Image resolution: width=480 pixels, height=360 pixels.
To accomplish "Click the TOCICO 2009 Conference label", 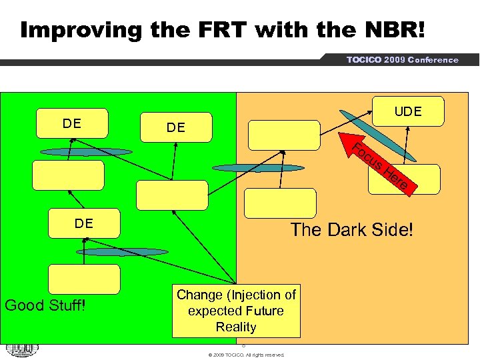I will click(x=402, y=60).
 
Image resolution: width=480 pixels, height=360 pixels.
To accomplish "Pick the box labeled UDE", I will click(x=407, y=111).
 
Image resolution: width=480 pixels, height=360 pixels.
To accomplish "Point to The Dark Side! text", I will click(x=351, y=230).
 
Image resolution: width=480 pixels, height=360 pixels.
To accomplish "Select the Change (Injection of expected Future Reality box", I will click(x=236, y=311).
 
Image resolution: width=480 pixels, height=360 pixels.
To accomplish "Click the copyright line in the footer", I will click(x=246, y=355).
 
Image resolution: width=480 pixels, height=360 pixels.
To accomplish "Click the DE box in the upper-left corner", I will click(x=72, y=123).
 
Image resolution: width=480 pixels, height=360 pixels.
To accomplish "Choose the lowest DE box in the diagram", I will click(x=84, y=223).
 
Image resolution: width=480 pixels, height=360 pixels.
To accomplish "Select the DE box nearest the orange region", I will click(x=176, y=127).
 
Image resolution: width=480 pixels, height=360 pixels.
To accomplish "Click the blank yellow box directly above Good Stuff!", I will click(x=85, y=279).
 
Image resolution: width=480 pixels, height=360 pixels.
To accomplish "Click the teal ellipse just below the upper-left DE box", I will click(x=86, y=152).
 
